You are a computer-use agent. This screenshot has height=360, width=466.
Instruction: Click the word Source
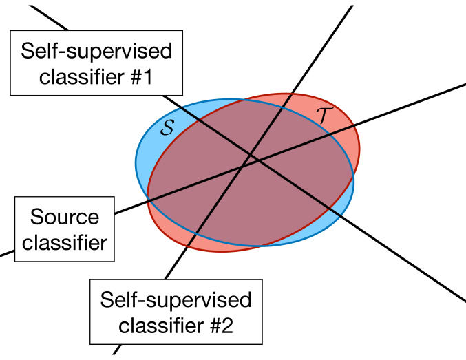click(x=65, y=218)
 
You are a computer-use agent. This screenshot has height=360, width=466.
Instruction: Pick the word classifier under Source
click(x=65, y=242)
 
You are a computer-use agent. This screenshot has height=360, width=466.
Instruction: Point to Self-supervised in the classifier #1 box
click(x=96, y=52)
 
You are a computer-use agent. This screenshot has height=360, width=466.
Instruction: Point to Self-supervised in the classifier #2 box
click(x=176, y=300)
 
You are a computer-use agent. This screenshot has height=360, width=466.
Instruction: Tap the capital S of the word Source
click(x=36, y=218)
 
